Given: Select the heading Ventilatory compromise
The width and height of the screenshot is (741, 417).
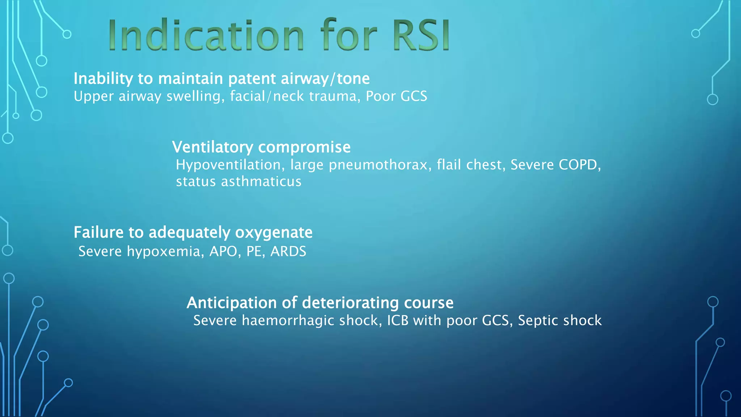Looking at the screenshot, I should pos(261,147).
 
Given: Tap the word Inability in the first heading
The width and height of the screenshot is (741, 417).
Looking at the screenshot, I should pos(103,79).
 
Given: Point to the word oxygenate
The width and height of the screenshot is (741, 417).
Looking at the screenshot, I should pos(274,232).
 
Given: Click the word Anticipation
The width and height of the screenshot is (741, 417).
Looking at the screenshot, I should pos(232,303).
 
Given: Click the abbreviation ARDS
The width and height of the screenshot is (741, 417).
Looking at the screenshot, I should pos(288,251).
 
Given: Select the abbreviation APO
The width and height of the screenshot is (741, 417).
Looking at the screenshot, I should pos(223,251).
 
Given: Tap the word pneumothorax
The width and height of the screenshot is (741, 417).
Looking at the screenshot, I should pos(380,165).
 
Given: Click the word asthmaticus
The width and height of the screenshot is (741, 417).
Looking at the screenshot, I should pos(261,181).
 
